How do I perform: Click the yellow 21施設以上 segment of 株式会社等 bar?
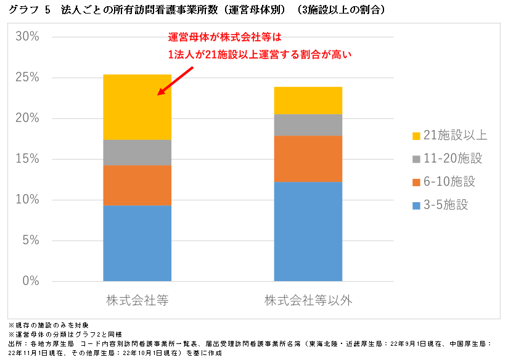click(x=137, y=107)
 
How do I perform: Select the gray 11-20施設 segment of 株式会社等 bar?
click(x=137, y=152)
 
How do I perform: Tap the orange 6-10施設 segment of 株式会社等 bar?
click(x=137, y=185)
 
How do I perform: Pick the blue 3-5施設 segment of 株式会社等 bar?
click(x=137, y=243)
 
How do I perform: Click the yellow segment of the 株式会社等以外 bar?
click(x=308, y=100)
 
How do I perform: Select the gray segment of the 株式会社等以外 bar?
click(x=308, y=125)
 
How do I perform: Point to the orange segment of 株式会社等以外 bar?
click(x=308, y=158)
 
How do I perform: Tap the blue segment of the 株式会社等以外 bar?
click(x=308, y=231)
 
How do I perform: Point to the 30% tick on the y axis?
click(x=27, y=37)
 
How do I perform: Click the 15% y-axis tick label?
click(x=27, y=159)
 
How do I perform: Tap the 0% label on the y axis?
click(x=30, y=281)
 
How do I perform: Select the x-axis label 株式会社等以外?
click(x=308, y=301)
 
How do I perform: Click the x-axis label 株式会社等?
click(x=137, y=301)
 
